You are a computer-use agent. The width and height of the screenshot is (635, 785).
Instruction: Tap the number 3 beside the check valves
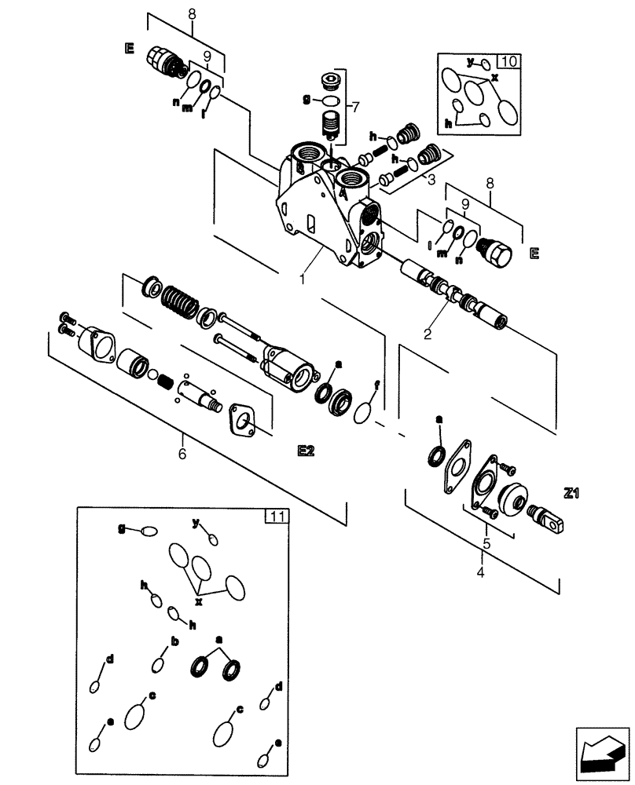click(431, 180)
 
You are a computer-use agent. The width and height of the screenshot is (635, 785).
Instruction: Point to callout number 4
click(481, 572)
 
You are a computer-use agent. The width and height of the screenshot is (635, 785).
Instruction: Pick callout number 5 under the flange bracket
click(486, 544)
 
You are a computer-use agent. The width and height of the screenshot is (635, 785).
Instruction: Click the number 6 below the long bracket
click(183, 454)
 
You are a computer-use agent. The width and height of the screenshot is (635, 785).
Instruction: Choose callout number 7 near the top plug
click(355, 106)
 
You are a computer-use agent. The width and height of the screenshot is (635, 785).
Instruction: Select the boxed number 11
click(276, 516)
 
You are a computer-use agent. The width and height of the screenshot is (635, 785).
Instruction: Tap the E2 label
click(306, 451)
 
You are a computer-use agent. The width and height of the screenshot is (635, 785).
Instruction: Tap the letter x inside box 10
click(494, 78)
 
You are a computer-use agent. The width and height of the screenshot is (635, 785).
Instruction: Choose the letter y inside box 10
click(471, 60)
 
